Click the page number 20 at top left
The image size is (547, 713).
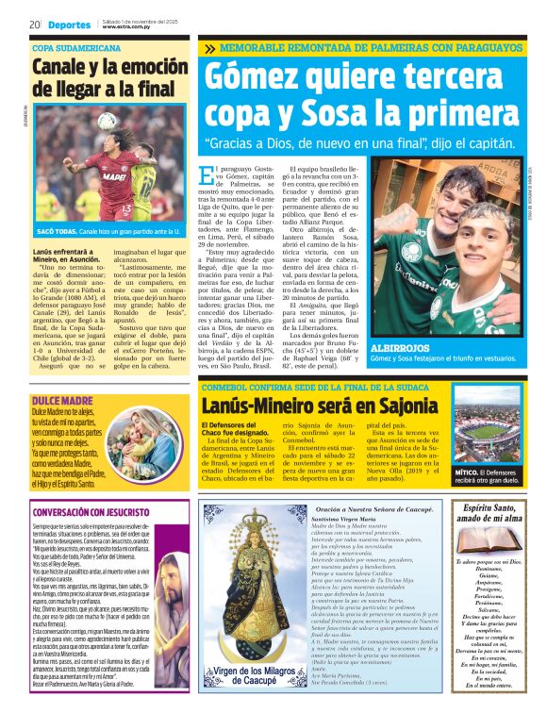point(34,25)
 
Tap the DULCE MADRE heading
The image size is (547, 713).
point(61,375)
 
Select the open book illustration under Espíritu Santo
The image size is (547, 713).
point(489,543)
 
